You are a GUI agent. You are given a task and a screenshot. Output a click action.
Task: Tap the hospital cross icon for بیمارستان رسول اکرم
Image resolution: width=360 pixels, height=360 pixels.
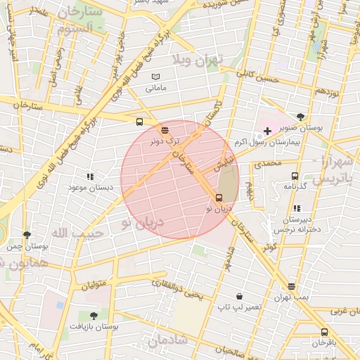[267, 131]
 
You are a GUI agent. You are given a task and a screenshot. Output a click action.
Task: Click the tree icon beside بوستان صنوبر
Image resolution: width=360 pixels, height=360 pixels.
[302, 117]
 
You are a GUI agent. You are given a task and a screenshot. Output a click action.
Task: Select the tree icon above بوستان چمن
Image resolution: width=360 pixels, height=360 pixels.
[27, 236]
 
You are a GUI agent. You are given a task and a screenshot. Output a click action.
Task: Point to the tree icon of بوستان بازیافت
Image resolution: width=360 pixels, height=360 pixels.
[94, 316]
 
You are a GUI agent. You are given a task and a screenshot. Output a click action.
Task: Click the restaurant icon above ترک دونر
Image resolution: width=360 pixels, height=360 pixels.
[165, 130]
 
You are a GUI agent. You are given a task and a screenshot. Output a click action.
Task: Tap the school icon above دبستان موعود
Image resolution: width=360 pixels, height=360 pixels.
[89, 176]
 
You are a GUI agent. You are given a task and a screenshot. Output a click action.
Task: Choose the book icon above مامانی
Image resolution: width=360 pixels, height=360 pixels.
[155, 77]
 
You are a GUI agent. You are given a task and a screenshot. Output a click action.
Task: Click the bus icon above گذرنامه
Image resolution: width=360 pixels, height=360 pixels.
[294, 176]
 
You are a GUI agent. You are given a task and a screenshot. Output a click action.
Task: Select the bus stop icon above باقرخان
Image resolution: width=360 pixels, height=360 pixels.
[324, 332]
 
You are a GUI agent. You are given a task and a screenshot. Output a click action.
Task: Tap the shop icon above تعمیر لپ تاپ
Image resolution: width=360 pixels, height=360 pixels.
[239, 297]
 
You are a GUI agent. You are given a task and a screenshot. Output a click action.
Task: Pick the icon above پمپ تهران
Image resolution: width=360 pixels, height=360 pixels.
[292, 286]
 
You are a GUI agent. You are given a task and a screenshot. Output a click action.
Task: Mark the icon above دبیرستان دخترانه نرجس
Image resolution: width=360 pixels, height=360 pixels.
[297, 208]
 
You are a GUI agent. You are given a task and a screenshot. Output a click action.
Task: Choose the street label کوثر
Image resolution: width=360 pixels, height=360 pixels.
[269, 247]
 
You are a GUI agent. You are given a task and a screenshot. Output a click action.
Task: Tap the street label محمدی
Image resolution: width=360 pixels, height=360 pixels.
[267, 163]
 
